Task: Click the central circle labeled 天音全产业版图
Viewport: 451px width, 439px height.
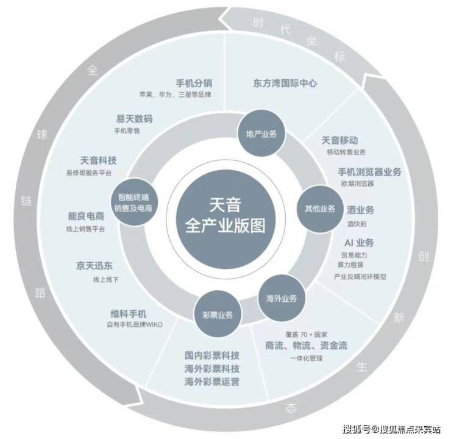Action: click(225, 216)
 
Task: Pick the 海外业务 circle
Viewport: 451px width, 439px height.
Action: click(281, 298)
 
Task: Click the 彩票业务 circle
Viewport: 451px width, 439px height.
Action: click(218, 315)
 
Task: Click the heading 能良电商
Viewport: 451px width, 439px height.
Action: click(86, 216)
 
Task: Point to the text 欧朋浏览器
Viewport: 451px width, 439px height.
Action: click(358, 184)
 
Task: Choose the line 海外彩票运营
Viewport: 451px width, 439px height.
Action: click(212, 382)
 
